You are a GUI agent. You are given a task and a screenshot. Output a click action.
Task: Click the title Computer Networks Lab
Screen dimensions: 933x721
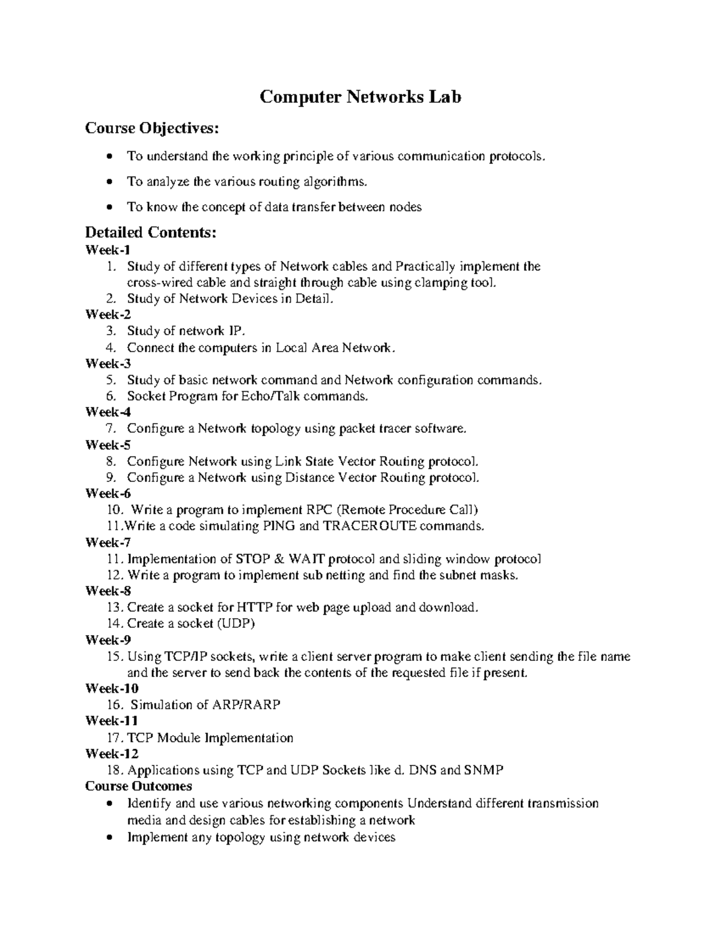[x=360, y=97]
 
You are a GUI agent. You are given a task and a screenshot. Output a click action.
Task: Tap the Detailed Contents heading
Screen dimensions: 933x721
[x=150, y=232]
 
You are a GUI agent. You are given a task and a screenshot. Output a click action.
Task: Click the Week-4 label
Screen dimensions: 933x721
[x=108, y=412]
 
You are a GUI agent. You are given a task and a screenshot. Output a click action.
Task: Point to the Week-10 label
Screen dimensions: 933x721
[x=112, y=688]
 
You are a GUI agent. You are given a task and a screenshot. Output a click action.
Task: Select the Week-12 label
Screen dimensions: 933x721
[x=112, y=753]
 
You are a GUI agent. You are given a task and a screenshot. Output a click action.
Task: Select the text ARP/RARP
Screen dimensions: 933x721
[x=246, y=705]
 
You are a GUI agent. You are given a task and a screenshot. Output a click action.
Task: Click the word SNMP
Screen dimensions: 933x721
[x=484, y=770]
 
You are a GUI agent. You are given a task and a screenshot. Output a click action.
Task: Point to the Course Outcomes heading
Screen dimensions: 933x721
[x=139, y=786]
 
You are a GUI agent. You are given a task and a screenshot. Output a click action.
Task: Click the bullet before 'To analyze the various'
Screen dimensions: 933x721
[x=108, y=182]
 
